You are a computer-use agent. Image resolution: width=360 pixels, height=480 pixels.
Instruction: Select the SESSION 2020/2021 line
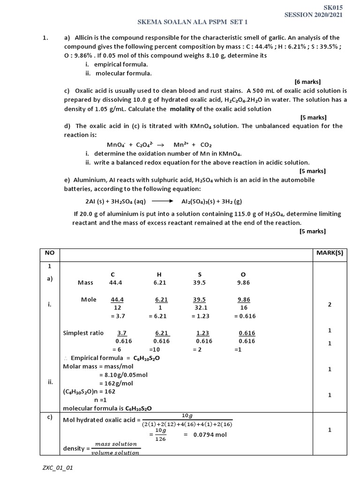(314, 15)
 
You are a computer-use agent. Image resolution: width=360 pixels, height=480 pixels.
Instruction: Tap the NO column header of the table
(50, 253)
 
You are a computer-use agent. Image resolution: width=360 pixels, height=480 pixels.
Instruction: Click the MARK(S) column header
(330, 253)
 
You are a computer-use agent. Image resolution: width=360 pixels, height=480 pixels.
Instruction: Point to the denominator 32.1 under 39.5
(199, 307)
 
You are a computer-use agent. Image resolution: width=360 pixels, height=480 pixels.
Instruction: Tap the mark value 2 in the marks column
(330, 304)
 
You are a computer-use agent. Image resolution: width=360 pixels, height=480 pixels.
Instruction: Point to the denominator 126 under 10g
(160, 439)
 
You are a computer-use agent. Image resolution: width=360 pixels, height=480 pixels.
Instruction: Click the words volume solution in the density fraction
(115, 453)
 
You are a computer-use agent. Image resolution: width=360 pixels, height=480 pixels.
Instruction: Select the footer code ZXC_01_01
(57, 468)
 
